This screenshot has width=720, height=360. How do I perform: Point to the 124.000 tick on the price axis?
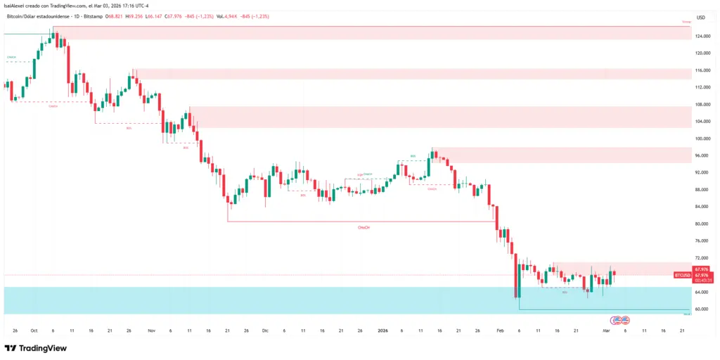coord(700,36)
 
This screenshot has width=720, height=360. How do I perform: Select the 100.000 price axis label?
coord(700,139)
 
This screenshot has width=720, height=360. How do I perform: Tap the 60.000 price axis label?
coord(700,309)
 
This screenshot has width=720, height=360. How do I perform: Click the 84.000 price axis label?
coord(700,207)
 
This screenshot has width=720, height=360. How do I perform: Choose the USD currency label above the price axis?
coord(700,18)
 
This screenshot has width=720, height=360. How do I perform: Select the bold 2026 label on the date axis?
coord(383,329)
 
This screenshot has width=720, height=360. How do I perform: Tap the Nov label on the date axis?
coord(152,329)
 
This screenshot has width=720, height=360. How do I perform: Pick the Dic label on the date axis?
coord(265,329)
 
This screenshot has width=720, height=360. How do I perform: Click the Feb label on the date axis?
coord(500,329)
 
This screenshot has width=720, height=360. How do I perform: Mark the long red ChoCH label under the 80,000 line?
coord(364,227)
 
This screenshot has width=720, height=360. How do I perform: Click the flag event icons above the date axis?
coord(619,320)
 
